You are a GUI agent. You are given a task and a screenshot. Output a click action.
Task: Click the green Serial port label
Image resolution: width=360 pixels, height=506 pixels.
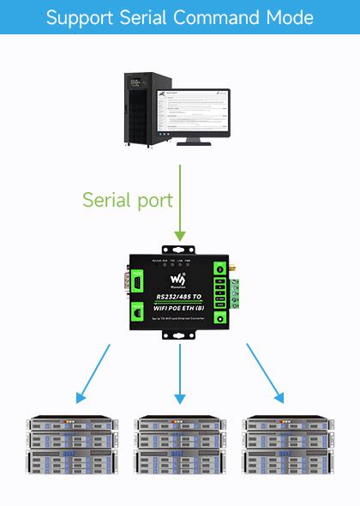coord(128,201)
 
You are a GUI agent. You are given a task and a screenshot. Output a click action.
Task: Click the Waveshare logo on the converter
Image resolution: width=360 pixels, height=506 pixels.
coord(179,281)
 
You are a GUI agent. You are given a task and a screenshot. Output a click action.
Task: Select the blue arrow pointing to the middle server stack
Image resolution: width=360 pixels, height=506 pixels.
coord(179,373)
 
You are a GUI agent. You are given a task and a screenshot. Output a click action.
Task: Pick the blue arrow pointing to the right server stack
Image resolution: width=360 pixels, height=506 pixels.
coord(265,373)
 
